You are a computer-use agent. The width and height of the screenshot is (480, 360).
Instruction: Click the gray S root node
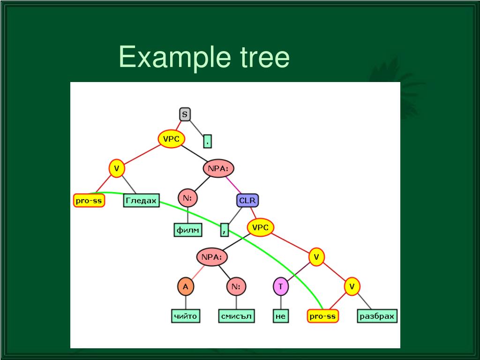coord(185,114)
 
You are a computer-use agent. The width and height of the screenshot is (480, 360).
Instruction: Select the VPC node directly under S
coord(171,139)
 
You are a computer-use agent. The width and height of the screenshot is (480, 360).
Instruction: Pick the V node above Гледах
coord(116,168)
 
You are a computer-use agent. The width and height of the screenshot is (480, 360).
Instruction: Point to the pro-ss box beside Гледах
coord(89,201)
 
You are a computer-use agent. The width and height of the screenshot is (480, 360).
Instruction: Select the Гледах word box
coord(141,201)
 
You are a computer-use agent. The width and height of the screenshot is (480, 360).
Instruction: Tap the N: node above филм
coord(187,198)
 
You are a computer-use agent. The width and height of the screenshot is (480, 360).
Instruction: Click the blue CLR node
coord(247,201)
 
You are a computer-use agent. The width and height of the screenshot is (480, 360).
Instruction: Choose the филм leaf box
coord(187,230)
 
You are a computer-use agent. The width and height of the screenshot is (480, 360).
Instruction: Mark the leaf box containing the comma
coord(225,229)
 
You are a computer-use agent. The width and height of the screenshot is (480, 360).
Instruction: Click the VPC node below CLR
coord(260,228)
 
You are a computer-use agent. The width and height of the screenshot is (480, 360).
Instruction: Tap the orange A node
coord(185,286)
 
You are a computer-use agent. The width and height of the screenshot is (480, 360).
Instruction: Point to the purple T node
coord(280,286)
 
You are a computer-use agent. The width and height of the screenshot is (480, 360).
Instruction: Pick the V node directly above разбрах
coord(352,286)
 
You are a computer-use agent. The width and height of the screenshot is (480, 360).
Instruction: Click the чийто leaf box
coord(185,316)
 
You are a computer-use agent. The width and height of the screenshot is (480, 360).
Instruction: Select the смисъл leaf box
coord(236,316)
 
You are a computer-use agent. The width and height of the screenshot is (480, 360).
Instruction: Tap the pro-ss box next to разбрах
coord(323,316)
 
